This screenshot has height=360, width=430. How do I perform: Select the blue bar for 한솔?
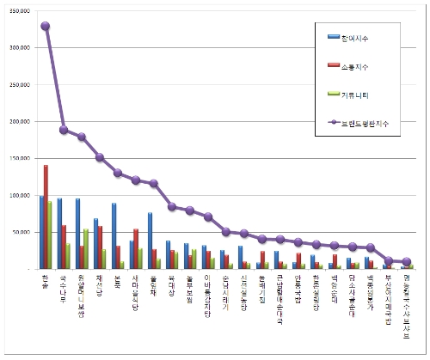[x=40, y=232]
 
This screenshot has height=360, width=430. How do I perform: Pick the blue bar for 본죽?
[x=114, y=236]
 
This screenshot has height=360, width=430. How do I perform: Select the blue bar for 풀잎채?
[x=150, y=241]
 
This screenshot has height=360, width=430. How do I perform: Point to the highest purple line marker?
[x=46, y=26]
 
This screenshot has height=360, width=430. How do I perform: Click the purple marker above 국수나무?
[x=64, y=130]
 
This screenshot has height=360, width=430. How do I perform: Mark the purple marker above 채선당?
[x=100, y=157]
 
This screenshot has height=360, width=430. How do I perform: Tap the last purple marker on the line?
[x=408, y=261]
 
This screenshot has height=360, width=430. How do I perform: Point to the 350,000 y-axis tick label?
[x=20, y=10]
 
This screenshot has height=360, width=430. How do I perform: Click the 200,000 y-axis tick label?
[x=20, y=121]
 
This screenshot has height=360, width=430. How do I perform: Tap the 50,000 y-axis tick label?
[x=21, y=232]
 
